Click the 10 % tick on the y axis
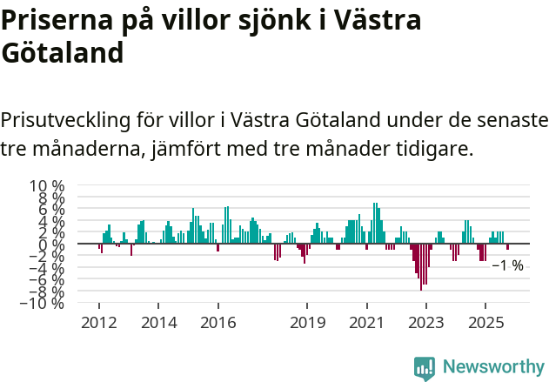click(x=48, y=186)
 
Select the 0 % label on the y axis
click(x=52, y=245)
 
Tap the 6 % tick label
click(x=52, y=210)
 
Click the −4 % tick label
click(x=47, y=268)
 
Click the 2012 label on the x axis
click(x=98, y=323)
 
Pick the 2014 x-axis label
click(x=157, y=323)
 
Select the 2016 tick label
click(x=218, y=323)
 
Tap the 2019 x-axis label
click(x=306, y=323)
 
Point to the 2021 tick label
click(x=366, y=323)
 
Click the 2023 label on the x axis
click(x=425, y=323)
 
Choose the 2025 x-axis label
click(x=485, y=323)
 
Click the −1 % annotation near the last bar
click(x=507, y=265)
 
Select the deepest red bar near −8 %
click(x=421, y=267)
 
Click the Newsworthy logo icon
click(x=425, y=367)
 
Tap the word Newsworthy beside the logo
click(x=492, y=367)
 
